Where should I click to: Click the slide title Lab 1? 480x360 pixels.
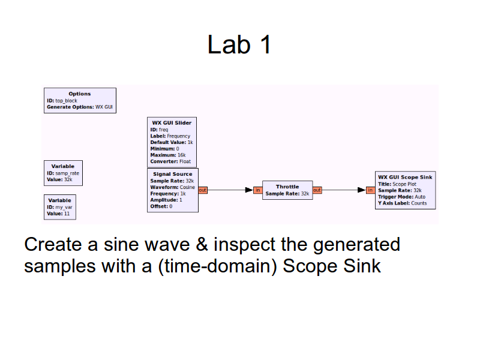[239, 44]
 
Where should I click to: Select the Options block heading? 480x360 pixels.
[80, 94]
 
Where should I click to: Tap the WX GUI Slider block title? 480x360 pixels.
[172, 122]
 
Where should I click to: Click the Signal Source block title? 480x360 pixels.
[172, 174]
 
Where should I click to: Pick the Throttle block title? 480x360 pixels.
[287, 187]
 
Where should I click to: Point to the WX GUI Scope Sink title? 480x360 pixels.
[405, 177]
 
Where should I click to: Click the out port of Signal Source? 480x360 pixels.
[203, 190]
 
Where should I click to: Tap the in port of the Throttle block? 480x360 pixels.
[257, 190]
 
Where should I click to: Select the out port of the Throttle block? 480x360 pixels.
[317, 190]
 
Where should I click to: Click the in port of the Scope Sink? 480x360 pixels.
[370, 190]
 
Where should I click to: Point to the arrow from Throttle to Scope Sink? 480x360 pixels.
[344, 190]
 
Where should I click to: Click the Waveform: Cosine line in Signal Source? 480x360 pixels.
[173, 187]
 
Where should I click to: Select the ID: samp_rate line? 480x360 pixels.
[63, 173]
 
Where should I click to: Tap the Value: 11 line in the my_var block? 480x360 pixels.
[58, 214]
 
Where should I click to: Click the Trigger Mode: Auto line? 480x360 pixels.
[401, 197]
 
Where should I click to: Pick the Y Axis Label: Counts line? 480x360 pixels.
[403, 203]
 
